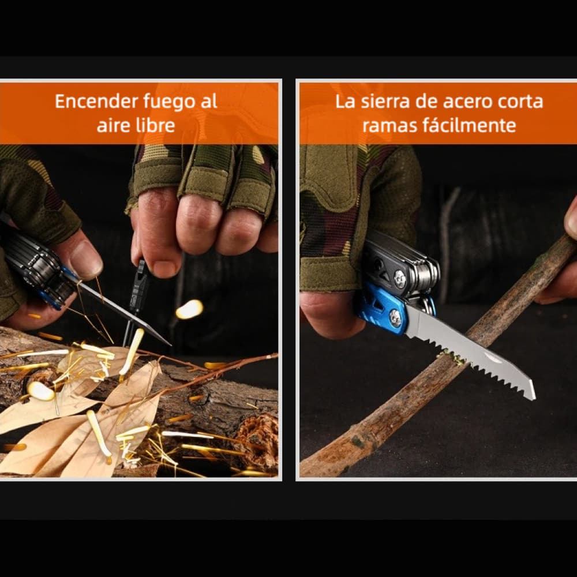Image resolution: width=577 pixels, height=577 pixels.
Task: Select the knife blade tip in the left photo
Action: pyautogui.click(x=167, y=344)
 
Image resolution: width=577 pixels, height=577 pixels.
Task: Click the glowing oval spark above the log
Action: pyautogui.click(x=189, y=309)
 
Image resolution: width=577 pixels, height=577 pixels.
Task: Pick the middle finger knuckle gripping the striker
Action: pyautogui.click(x=196, y=222)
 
